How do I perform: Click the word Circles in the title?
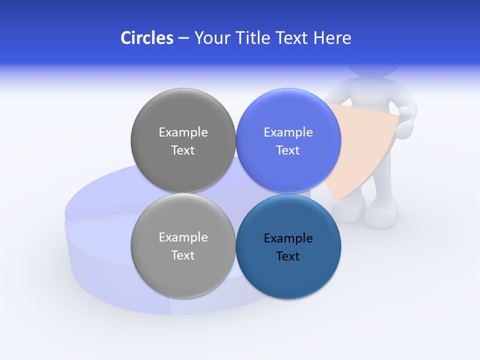tap(147, 38)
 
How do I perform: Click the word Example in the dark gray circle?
tap(183, 132)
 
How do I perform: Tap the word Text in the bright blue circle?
tap(288, 150)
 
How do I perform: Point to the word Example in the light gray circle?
tap(183, 237)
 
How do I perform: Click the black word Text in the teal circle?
tap(288, 256)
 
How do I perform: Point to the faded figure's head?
tap(372, 70)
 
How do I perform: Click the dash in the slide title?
tap(183, 38)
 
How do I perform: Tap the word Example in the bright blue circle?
tap(288, 132)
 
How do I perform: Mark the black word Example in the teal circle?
tap(288, 238)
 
